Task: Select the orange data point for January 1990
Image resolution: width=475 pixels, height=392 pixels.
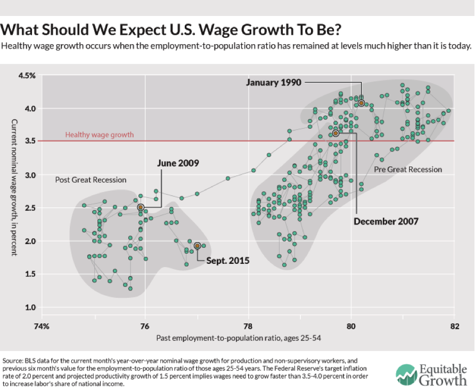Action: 361,103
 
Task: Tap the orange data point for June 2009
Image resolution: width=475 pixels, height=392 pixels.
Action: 141,207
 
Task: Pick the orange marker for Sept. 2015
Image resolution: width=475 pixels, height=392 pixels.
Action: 198,246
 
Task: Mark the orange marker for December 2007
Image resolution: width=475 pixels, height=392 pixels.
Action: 335,134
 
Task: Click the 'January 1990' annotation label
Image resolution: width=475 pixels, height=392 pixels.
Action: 274,82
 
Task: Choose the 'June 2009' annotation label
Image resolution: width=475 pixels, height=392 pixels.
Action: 178,163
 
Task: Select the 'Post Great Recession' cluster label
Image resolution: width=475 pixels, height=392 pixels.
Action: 91,180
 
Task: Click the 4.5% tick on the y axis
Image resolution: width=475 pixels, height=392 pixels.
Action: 26,76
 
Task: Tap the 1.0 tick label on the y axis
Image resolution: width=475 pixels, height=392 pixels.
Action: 30,307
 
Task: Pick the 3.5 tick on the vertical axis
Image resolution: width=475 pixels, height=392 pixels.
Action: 30,141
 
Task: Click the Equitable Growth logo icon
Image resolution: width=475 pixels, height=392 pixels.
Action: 407,374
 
